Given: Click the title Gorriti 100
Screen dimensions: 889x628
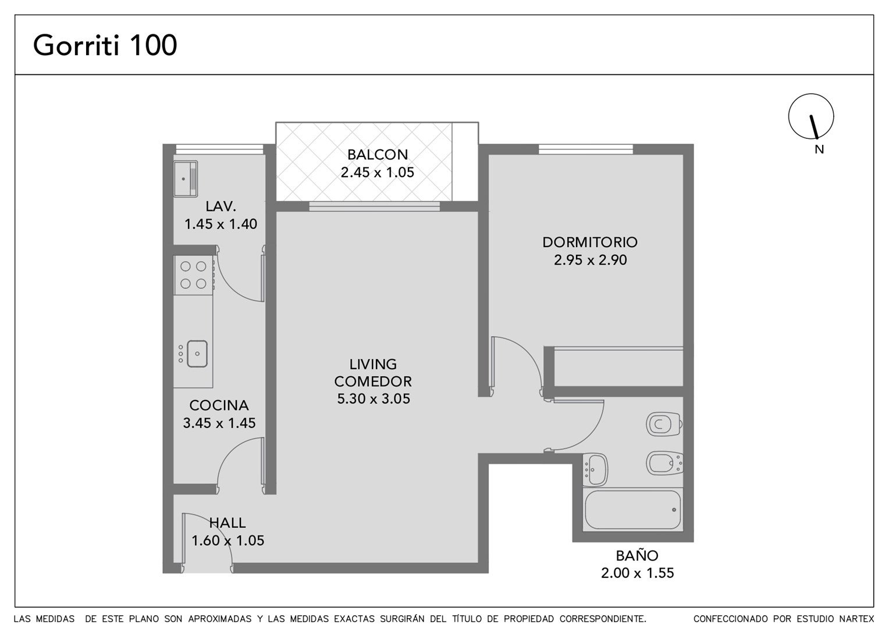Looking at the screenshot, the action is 105,45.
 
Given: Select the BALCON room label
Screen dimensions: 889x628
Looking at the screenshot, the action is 378,154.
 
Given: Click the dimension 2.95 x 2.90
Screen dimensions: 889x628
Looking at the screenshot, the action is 590,260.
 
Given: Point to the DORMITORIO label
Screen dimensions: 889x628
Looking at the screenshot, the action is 590,242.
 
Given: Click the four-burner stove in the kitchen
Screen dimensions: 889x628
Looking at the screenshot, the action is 193,275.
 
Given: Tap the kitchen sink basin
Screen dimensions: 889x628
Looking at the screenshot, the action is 197,354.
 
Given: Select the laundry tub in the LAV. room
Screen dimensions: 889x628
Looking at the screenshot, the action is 186,179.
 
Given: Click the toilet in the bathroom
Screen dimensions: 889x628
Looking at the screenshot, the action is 664,424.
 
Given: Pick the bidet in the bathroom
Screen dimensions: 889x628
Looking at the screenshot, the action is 664,463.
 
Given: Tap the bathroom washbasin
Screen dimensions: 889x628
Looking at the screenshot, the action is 595,470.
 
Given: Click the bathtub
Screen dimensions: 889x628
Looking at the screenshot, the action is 632,510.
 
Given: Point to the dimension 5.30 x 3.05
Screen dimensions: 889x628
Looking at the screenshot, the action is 374,399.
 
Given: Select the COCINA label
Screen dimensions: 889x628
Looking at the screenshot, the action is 219,405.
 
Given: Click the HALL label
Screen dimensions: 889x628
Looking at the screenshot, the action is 227,523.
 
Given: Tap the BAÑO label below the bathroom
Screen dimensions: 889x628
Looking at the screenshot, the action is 637,555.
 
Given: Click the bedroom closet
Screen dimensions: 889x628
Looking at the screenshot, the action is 618,367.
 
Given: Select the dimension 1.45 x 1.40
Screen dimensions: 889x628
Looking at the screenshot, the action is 221,224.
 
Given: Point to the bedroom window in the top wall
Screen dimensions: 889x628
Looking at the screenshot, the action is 586,149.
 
